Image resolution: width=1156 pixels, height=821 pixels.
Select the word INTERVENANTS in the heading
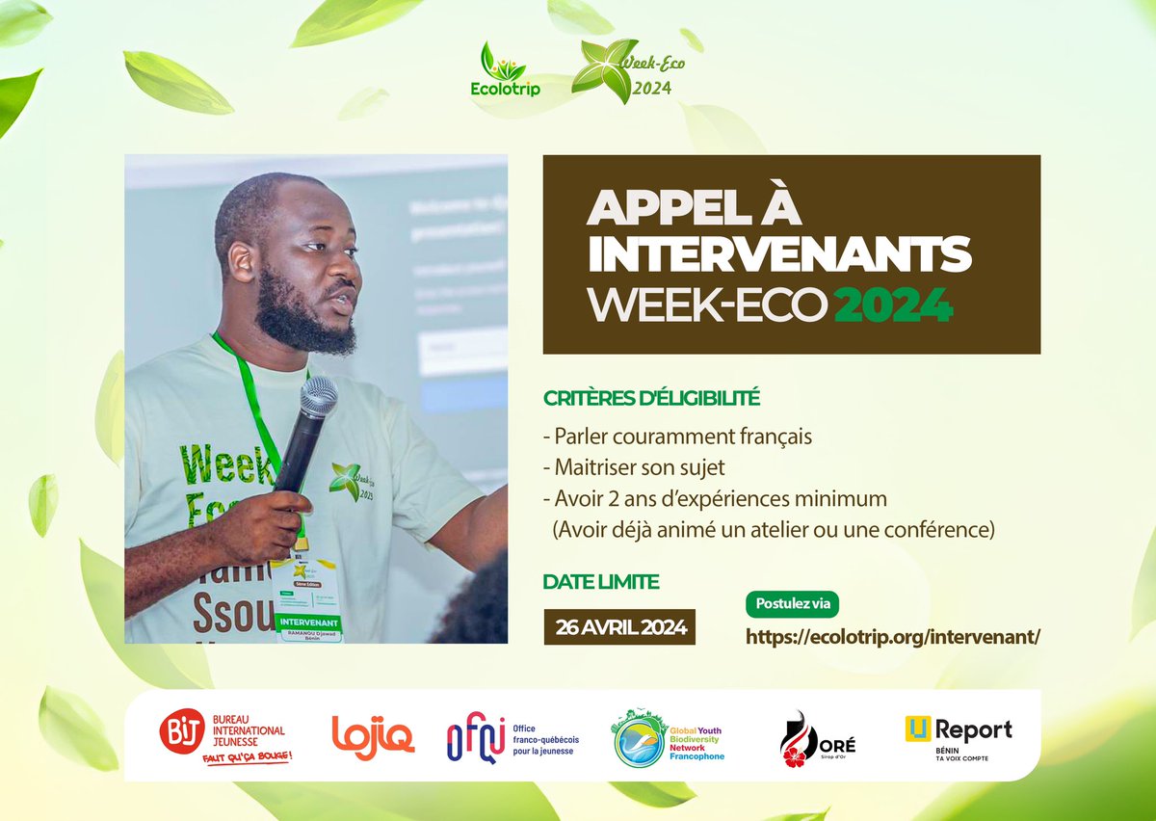point(779,254)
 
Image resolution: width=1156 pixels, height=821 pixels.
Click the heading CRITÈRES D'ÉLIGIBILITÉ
point(651,396)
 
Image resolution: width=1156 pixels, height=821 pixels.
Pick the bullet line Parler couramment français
point(677,436)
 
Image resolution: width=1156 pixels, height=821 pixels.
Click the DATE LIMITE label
point(601,581)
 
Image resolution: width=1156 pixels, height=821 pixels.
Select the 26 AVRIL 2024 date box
point(619,627)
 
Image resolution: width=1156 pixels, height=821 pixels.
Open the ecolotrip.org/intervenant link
point(894,637)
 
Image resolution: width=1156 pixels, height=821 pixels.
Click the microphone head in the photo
point(317,396)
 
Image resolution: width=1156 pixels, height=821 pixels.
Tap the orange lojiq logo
point(373,737)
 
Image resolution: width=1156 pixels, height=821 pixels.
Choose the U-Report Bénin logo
point(958,737)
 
